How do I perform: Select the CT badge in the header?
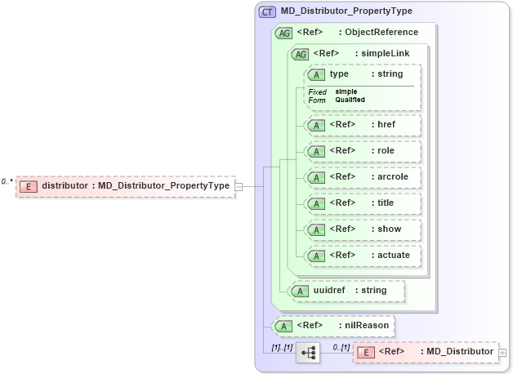267,12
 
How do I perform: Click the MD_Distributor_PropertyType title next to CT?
346,11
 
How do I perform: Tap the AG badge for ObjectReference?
284,33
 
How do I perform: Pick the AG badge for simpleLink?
301,54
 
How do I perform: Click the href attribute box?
362,126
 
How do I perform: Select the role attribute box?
362,151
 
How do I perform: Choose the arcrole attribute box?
362,176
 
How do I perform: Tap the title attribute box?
362,203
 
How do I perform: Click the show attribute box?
362,229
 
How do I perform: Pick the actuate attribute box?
362,255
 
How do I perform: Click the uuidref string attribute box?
349,290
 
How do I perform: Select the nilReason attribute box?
334,326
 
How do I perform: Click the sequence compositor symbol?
307,353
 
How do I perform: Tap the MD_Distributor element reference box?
426,352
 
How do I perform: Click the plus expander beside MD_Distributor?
502,353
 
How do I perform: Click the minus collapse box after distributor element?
239,186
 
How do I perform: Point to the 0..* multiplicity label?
7,181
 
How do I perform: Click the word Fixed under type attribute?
317,91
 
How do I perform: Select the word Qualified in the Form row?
350,100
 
